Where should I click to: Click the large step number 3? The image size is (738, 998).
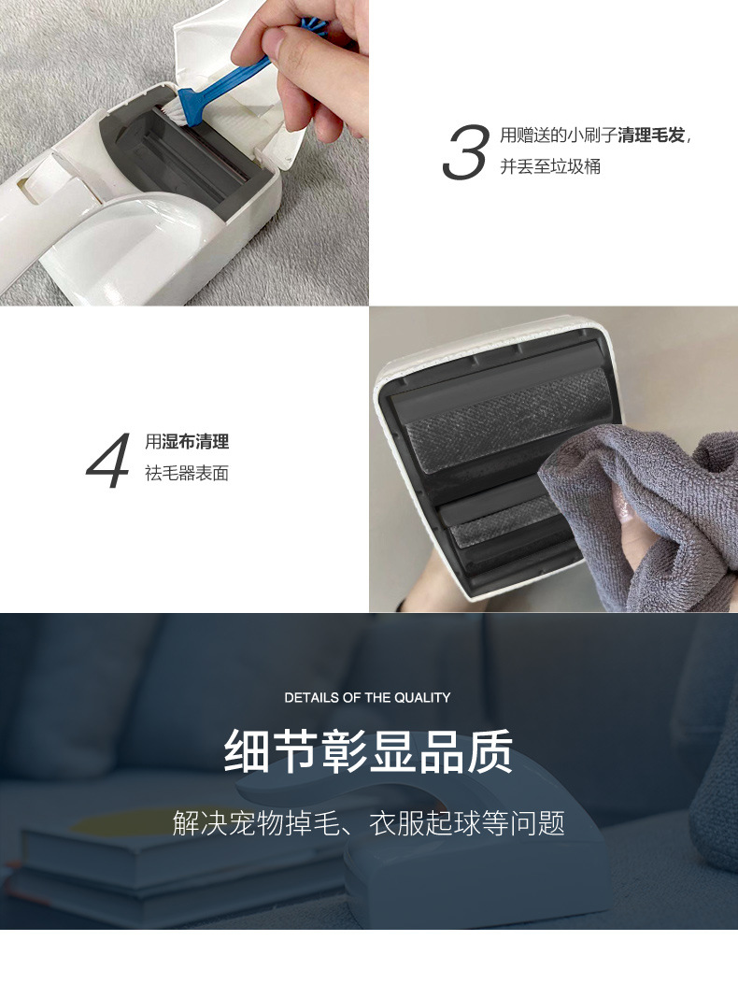point(465,152)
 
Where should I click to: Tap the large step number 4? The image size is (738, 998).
point(107,459)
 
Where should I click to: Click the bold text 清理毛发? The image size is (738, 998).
point(651,136)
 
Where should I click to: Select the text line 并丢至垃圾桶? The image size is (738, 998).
point(549,167)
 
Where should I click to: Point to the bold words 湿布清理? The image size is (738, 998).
point(195,442)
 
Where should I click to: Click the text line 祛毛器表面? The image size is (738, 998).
point(187,473)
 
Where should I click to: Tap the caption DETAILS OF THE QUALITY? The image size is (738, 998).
point(367,697)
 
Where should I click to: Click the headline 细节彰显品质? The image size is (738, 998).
point(368,750)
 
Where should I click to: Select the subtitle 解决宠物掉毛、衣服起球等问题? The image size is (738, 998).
point(368,822)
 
